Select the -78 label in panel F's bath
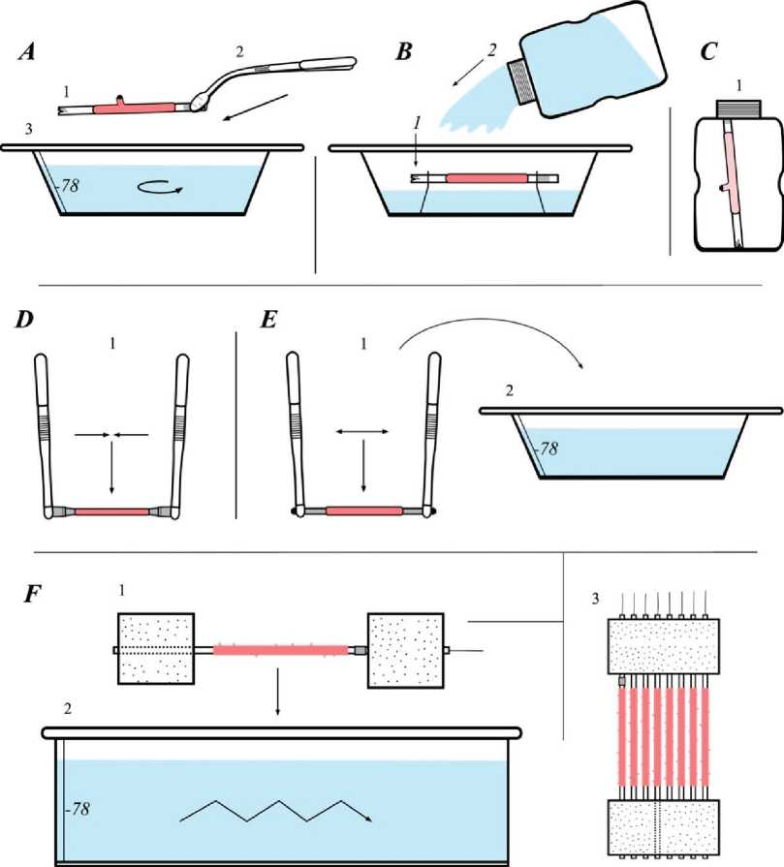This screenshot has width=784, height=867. pyautogui.click(x=76, y=780)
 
